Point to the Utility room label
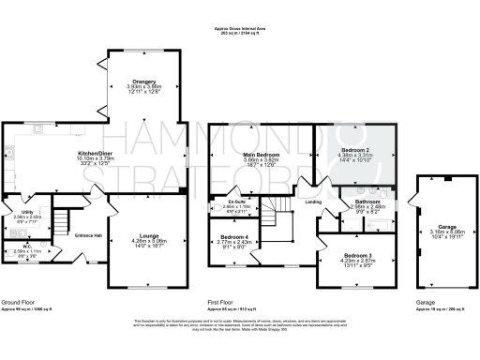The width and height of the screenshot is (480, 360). pos(26,212)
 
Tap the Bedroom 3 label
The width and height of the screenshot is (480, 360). pos(356,255)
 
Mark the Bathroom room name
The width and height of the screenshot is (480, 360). pos(367,201)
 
